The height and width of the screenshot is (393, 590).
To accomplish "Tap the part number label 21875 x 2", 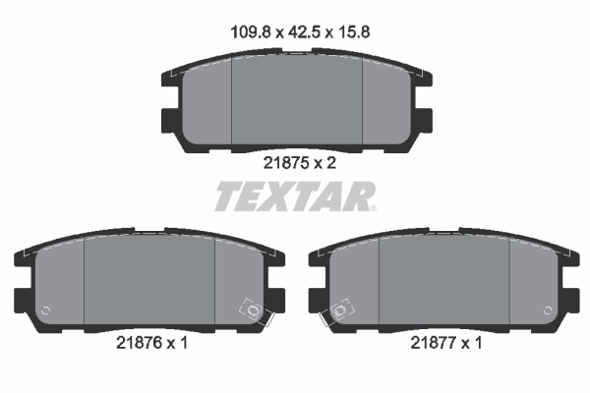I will point(296,164).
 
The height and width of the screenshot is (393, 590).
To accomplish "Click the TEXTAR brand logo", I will point(295,196).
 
